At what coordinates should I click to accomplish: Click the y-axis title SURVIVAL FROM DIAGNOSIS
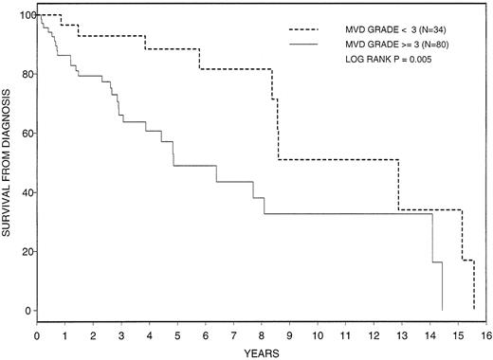coord(9,162)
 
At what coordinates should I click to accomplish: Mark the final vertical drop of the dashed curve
coord(473,284)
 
